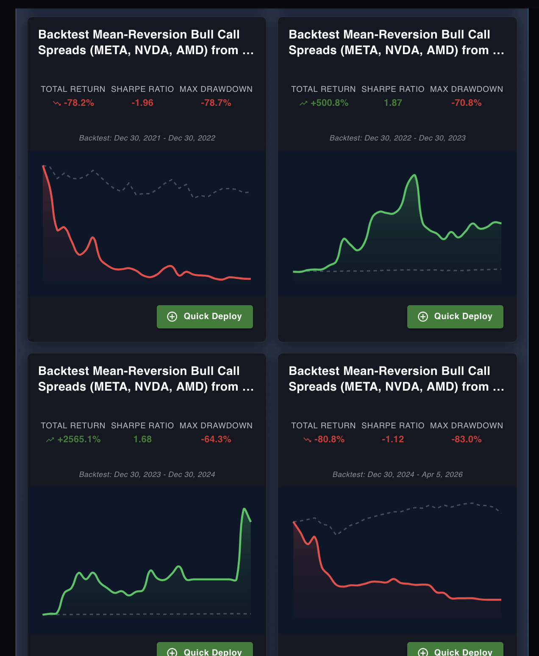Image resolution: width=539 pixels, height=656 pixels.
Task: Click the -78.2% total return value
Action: point(79,103)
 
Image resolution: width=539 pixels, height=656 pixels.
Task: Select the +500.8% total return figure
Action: point(329,103)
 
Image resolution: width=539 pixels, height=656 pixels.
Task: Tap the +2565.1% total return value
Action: point(79,439)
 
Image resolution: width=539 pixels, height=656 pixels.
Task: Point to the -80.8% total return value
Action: point(329,439)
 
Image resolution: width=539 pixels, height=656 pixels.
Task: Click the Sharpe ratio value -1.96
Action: point(142,103)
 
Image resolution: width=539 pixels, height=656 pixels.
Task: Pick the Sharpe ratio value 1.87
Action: point(393,103)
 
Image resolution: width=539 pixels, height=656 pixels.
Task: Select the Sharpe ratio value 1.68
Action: point(142,439)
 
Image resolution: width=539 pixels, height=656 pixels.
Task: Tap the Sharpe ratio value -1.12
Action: point(393,439)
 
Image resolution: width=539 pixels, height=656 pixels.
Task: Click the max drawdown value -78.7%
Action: point(216,103)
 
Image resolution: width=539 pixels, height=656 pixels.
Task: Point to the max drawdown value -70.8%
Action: point(466,103)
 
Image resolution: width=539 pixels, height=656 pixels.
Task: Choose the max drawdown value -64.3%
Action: point(216,439)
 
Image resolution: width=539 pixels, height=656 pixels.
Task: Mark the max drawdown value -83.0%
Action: point(466,439)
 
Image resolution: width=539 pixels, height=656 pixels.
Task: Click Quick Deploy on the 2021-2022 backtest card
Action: point(205,317)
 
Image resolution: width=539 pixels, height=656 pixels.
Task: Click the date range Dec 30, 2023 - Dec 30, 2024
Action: point(147,474)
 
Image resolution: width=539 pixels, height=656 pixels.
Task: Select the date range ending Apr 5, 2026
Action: point(397,474)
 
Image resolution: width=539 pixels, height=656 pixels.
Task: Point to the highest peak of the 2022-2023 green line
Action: point(414,175)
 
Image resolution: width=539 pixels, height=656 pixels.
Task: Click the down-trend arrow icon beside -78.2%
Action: point(57,103)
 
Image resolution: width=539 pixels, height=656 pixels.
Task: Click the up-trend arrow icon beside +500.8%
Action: point(303,103)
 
